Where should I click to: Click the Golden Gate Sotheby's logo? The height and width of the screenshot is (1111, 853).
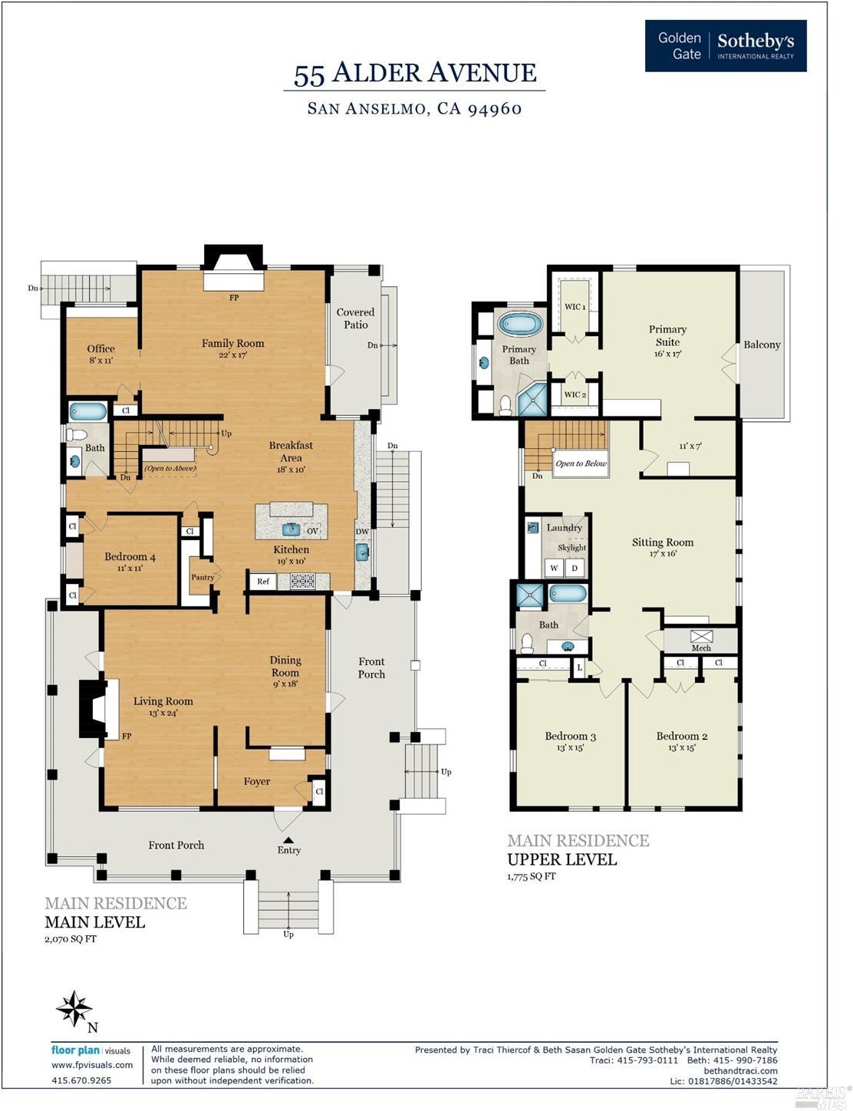coord(725,46)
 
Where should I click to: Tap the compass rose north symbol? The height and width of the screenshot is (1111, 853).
coord(75,1009)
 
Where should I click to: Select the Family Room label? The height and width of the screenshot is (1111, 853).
coord(232,344)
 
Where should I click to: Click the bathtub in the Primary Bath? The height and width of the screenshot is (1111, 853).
coord(520,324)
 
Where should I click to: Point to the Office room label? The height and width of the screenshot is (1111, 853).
coord(100,349)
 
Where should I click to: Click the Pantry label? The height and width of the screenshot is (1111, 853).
coord(203,578)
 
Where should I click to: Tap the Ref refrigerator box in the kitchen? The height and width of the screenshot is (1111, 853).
coord(263,582)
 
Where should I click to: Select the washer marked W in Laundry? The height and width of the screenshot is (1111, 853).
coord(554,569)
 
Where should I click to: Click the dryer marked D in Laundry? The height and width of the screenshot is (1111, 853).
coord(575,569)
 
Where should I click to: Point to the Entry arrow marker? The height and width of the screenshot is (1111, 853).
coord(288,840)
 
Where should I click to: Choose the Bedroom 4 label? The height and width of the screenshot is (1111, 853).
coord(130,557)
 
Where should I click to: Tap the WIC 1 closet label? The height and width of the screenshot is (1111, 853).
coord(575,307)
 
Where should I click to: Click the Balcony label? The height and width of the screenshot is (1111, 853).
coord(762,345)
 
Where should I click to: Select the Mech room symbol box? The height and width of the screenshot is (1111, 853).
coord(701,636)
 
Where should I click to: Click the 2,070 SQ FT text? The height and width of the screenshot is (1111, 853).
coord(71,938)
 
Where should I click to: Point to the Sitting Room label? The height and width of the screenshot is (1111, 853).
coord(662,542)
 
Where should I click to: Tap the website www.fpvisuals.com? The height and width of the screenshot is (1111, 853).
coord(92,1065)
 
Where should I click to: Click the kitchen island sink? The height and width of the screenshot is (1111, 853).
coord(291,529)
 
